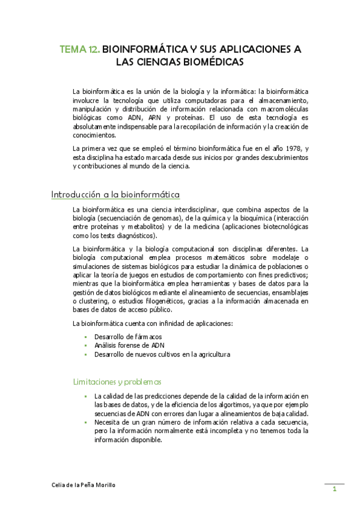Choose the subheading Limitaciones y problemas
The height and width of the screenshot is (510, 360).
(x=117, y=381)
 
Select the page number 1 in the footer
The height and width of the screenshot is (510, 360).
(x=334, y=489)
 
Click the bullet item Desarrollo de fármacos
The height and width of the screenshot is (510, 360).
(x=128, y=336)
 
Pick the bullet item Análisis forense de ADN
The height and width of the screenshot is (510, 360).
(x=129, y=345)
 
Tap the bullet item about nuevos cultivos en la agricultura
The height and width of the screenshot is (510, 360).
(x=162, y=354)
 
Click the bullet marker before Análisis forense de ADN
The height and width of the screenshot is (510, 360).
(x=86, y=345)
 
